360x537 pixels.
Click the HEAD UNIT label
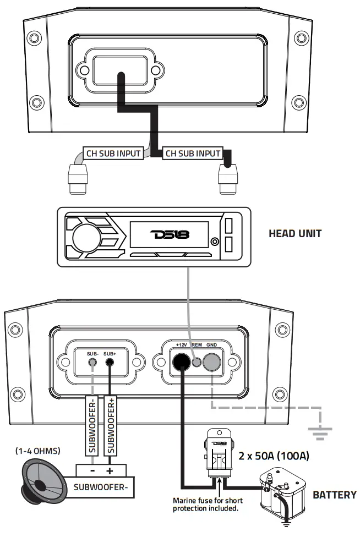[294, 233]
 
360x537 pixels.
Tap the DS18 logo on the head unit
[170, 234]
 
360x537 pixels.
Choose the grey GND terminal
[211, 362]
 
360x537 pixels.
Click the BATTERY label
[335, 495]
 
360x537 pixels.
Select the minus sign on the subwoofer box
[91, 471]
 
